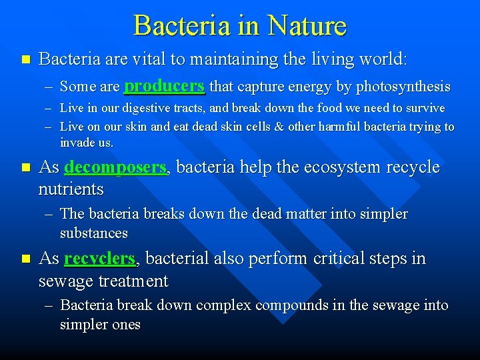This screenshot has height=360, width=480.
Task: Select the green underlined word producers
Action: point(164,86)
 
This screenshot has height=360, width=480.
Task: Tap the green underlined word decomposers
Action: point(116,167)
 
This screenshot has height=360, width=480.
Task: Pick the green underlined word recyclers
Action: point(100,259)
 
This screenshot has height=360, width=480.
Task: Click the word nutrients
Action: point(71,189)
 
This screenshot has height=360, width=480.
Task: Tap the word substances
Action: point(93,233)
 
